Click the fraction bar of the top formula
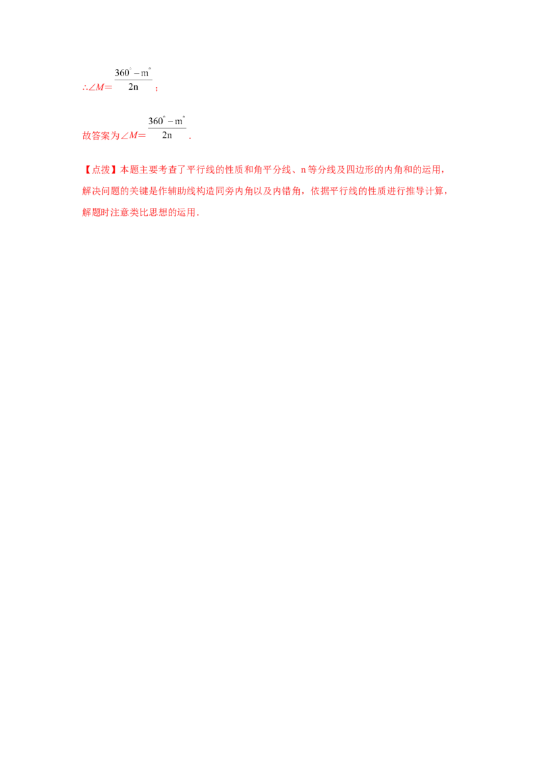[x=134, y=79]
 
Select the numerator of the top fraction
[x=133, y=71]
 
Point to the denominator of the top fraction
[x=134, y=88]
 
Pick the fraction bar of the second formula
[x=167, y=128]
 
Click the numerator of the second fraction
[x=167, y=120]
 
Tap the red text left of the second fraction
[x=113, y=136]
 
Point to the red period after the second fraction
[x=192, y=138]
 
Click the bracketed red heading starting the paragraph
[x=95, y=169]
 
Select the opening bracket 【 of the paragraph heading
[x=84, y=169]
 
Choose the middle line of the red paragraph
[x=263, y=192]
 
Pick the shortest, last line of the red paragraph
[x=140, y=213]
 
